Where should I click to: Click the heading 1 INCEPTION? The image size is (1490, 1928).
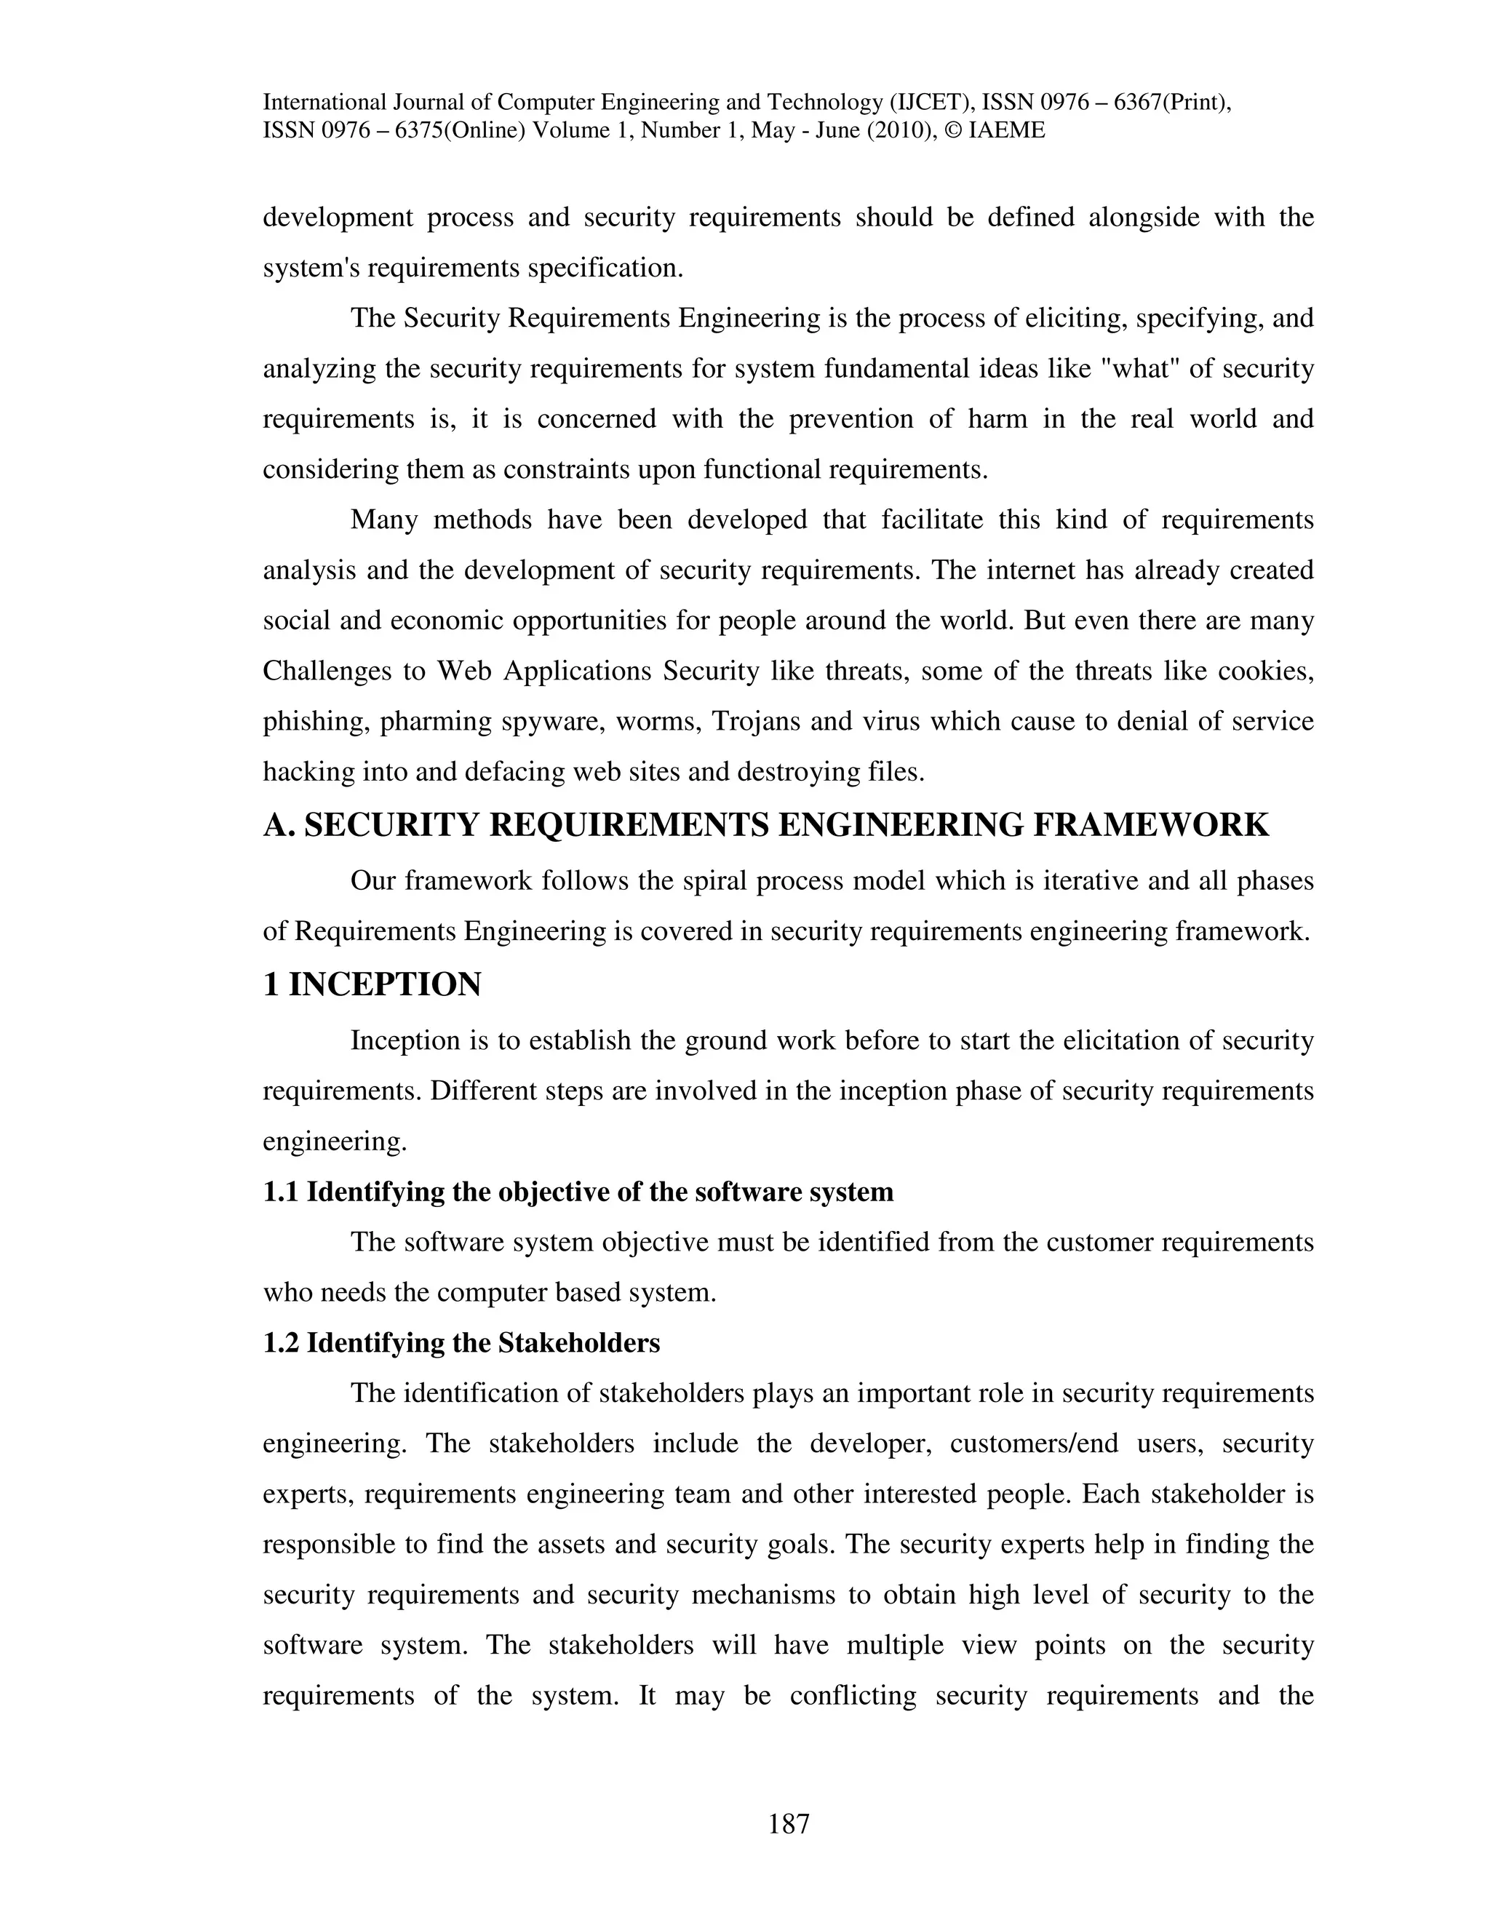[x=372, y=984]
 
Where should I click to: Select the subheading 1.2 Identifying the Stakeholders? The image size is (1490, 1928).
[x=461, y=1343]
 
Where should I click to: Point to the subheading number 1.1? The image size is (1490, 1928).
[x=282, y=1192]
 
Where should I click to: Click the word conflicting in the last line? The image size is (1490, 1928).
[x=853, y=1696]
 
